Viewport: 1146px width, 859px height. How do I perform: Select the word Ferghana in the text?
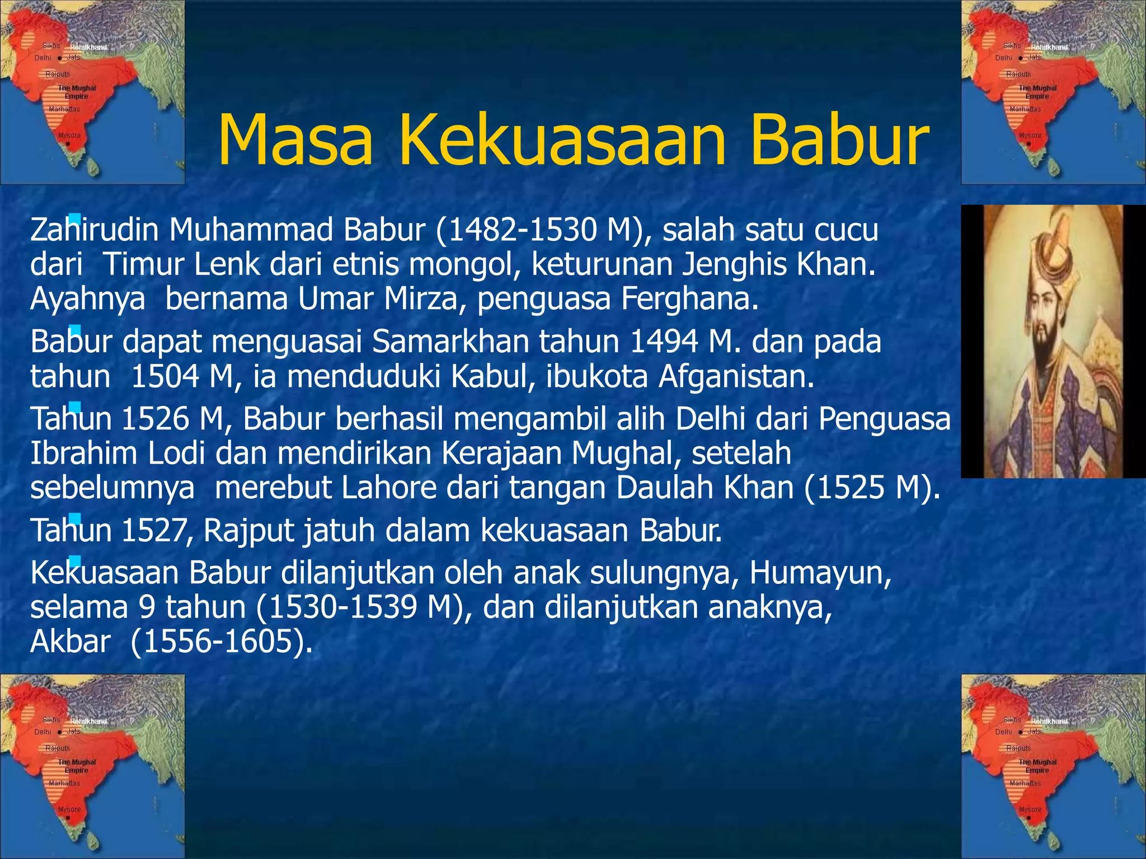(x=689, y=299)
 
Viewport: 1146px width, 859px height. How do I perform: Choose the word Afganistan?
(x=736, y=376)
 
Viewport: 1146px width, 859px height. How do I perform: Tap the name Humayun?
(x=820, y=573)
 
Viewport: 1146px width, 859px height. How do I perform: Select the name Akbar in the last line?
(x=70, y=641)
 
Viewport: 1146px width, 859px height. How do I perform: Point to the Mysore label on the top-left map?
(x=69, y=135)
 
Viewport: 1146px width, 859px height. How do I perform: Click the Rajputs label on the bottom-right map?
(x=1018, y=748)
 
